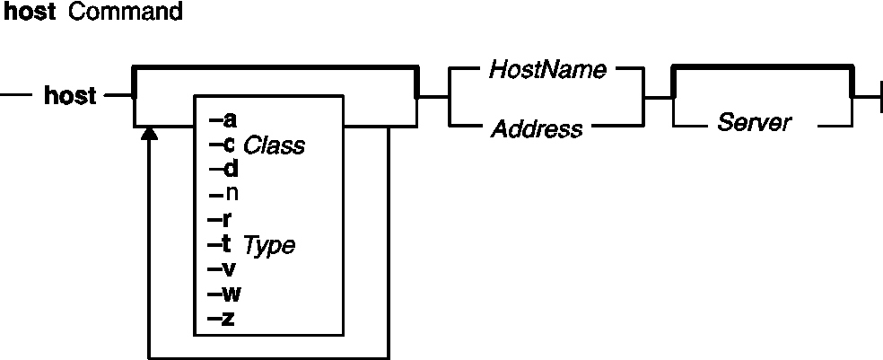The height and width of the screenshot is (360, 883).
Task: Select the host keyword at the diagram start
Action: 70,95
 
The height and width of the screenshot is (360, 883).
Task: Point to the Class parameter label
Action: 275,145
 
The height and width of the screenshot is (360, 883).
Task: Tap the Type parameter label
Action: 268,245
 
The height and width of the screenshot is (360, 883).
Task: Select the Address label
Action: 537,128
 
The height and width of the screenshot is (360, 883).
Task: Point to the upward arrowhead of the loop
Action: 150,133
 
